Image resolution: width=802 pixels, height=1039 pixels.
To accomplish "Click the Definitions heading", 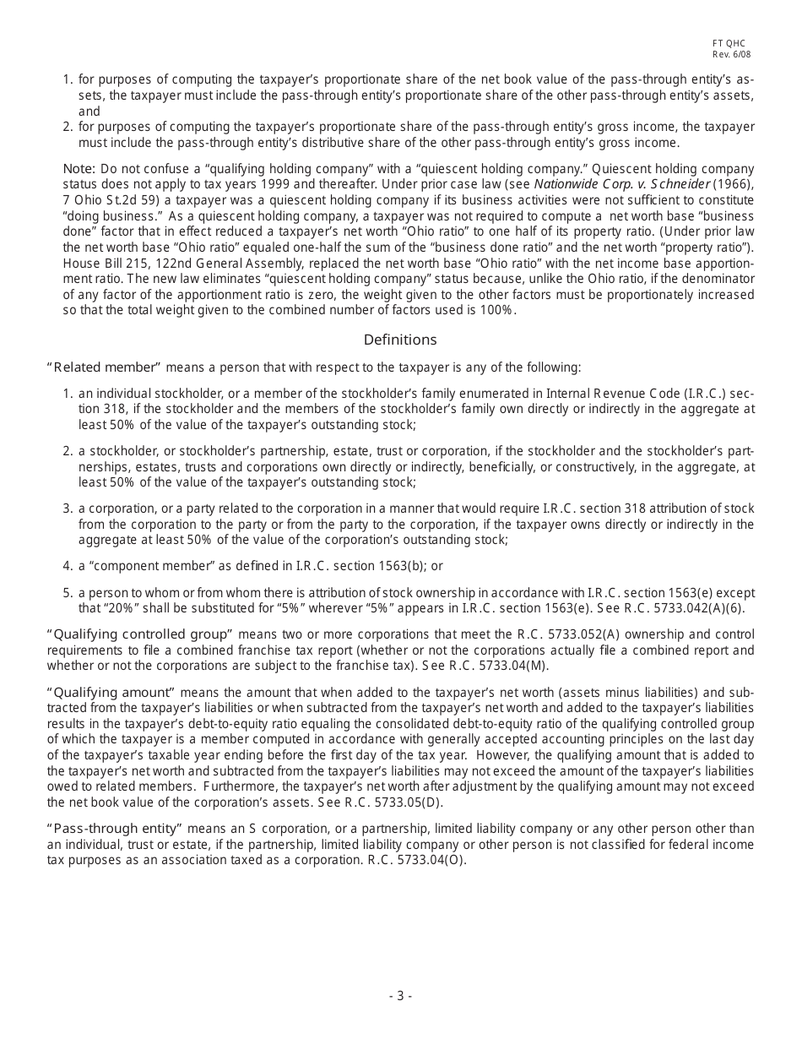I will click(400, 340).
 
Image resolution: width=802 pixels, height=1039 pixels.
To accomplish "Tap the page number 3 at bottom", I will click(400, 996).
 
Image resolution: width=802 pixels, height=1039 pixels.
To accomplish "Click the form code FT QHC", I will click(729, 44).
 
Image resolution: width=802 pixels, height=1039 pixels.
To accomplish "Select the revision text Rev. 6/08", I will click(731, 55).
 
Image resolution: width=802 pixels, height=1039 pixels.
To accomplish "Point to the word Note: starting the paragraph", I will click(79, 169).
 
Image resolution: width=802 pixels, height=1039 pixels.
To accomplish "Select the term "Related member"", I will click(104, 367).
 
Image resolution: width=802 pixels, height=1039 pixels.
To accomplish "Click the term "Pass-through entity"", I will click(114, 829).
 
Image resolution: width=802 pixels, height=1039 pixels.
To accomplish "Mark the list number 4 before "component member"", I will click(67, 566).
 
